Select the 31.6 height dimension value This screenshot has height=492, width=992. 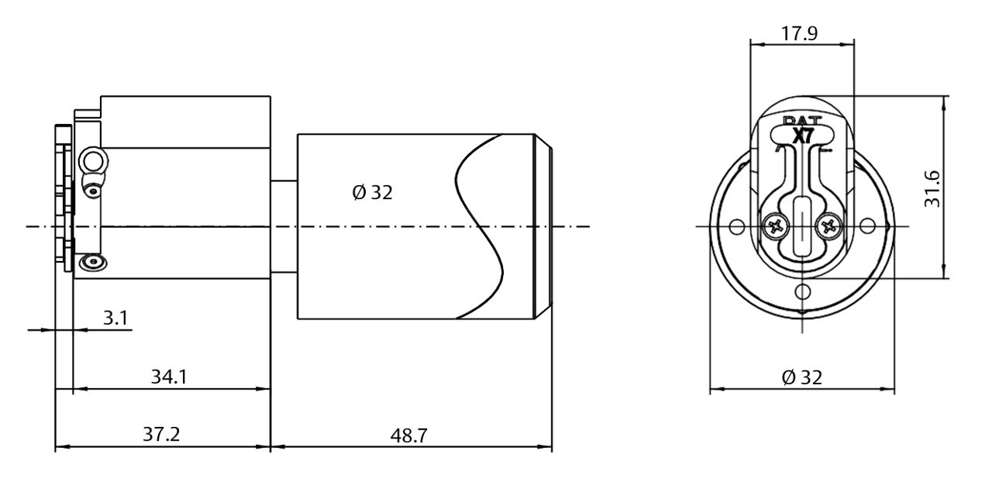point(932,188)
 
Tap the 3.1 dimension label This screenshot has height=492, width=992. point(115,318)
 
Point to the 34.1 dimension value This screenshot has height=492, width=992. point(168,377)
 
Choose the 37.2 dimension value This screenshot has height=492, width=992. point(161,435)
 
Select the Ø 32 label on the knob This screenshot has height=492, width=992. point(372,192)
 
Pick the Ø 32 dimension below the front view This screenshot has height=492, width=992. point(801,377)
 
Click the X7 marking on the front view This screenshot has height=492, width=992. point(803,135)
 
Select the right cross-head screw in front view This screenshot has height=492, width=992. point(828,227)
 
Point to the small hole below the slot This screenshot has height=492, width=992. point(804,291)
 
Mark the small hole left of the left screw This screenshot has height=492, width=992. point(737,227)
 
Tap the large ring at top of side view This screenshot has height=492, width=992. point(93,161)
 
